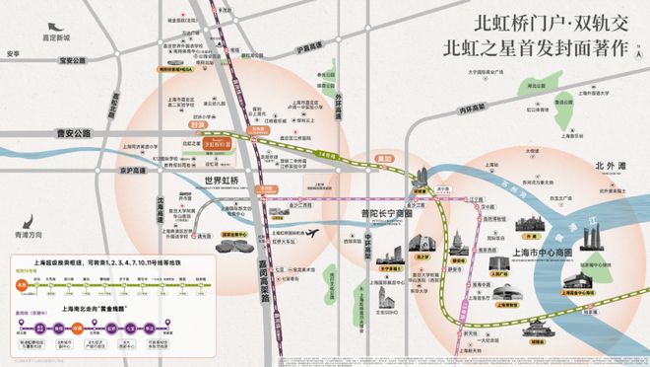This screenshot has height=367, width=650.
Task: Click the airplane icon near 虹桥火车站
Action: tap(314, 233)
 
